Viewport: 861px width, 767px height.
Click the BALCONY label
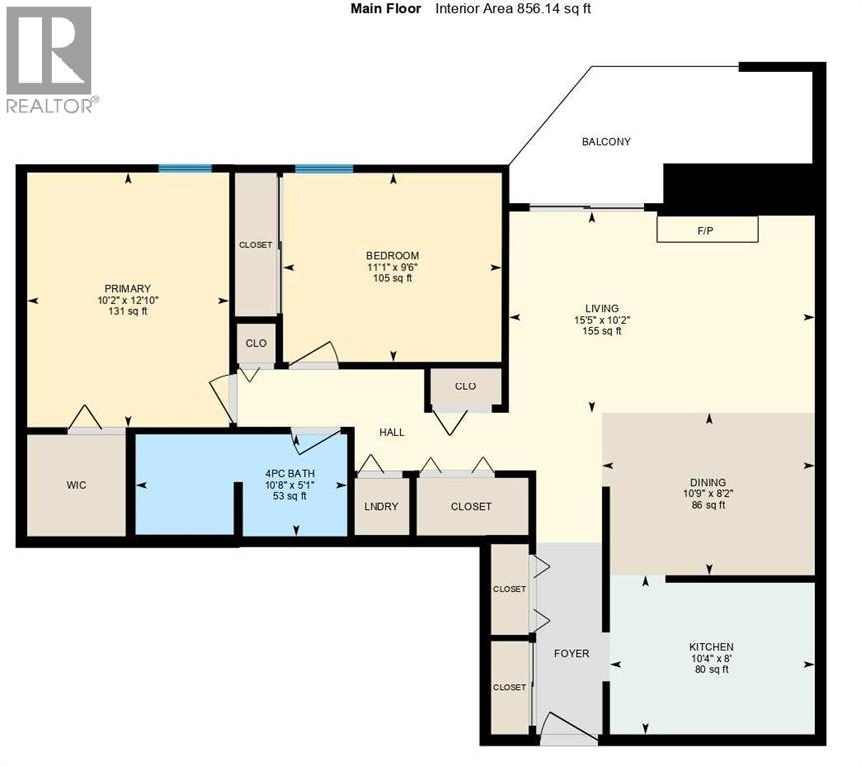pyautogui.click(x=606, y=142)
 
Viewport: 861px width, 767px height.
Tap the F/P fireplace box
pyautogui.click(x=706, y=230)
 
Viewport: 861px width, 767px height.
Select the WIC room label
pyautogui.click(x=76, y=485)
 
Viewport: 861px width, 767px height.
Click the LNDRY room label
pyautogui.click(x=382, y=506)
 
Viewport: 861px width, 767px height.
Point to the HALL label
pyautogui.click(x=391, y=432)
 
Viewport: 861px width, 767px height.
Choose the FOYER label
pyautogui.click(x=571, y=654)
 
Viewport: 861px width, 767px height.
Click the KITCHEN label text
pyautogui.click(x=711, y=647)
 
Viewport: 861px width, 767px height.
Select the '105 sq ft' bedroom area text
pyautogui.click(x=391, y=278)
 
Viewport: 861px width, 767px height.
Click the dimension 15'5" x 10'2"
pyautogui.click(x=602, y=319)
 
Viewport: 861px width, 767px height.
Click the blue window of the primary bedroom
pyautogui.click(x=185, y=168)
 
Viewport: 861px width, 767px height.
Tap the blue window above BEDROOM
pyautogui.click(x=323, y=168)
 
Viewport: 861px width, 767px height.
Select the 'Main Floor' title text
pyautogui.click(x=386, y=9)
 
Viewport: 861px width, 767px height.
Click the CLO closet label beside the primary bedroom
pyautogui.click(x=256, y=343)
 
